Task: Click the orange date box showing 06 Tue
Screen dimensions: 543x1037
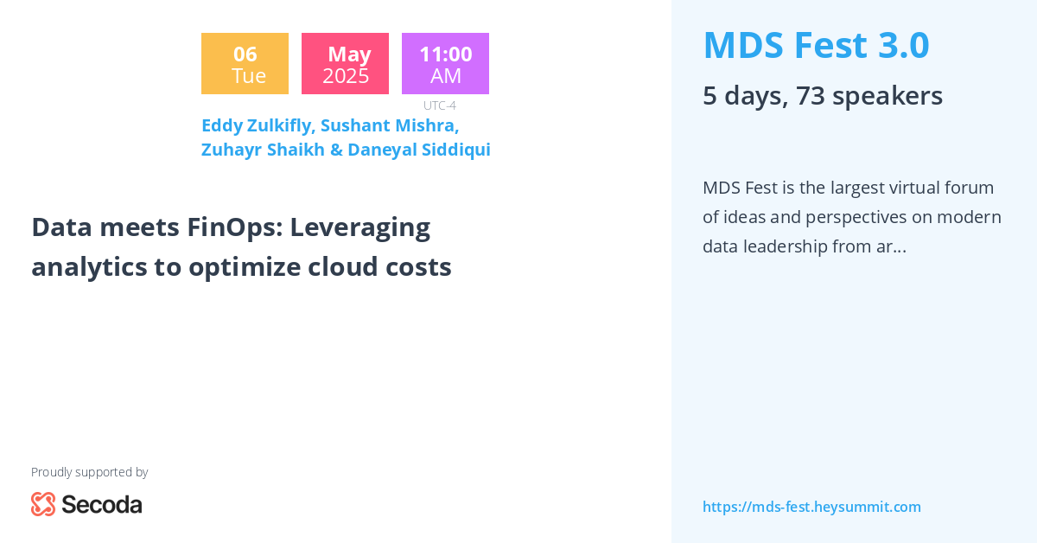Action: (245, 64)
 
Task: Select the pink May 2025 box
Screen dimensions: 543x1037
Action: (345, 64)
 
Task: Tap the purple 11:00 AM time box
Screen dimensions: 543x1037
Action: (445, 64)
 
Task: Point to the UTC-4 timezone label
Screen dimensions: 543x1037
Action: (439, 105)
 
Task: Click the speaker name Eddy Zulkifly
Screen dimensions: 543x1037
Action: (258, 125)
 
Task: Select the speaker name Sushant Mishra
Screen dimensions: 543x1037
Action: (389, 125)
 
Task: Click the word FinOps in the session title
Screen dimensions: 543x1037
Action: (233, 227)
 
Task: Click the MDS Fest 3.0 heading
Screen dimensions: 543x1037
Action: (816, 45)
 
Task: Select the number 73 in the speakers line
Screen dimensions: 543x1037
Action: (811, 95)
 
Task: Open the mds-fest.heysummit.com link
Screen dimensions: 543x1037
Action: (811, 507)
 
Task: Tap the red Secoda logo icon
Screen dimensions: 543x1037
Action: (43, 504)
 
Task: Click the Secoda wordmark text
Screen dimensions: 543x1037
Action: (101, 504)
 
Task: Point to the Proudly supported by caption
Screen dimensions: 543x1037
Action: (89, 472)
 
